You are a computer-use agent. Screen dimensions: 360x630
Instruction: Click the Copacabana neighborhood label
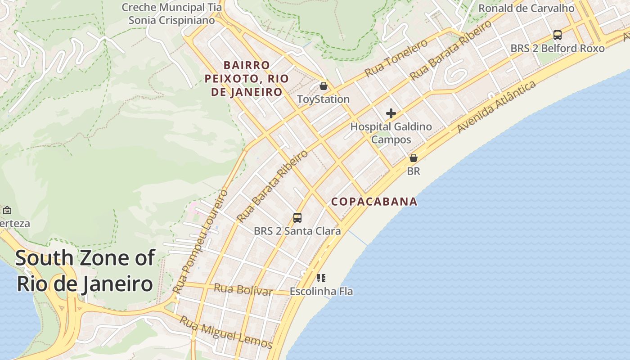tap(374, 202)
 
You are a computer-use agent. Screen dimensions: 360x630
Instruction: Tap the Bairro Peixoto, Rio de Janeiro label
tap(247, 79)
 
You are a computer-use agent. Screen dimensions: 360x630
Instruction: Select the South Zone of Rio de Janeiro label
tap(85, 271)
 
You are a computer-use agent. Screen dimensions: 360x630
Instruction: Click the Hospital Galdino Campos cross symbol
tap(391, 113)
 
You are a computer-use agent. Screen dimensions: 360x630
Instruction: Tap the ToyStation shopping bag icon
tap(324, 85)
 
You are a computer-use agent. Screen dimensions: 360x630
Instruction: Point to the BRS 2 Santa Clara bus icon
tap(297, 218)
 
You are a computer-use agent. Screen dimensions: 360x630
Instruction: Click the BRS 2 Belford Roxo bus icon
tap(558, 35)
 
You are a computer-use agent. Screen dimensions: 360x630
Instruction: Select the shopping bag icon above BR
tap(414, 158)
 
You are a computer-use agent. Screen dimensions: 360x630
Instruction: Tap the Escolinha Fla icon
tap(321, 278)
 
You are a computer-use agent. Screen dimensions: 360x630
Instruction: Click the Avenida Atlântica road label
tap(497, 107)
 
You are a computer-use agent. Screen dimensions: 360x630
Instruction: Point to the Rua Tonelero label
tap(396, 58)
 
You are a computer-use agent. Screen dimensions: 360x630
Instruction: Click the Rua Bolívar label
tap(243, 290)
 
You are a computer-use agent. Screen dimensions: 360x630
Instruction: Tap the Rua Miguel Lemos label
tap(226, 333)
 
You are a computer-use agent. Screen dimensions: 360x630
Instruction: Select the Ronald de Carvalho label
tap(526, 8)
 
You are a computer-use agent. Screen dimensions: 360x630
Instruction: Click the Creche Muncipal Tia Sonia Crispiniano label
tap(172, 13)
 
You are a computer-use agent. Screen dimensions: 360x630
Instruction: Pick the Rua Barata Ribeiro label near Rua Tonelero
tap(451, 50)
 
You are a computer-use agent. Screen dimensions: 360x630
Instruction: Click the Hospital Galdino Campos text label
tap(391, 133)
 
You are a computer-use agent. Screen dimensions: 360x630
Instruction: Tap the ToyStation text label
tap(324, 99)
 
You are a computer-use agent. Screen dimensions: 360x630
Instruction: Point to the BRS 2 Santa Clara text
tap(297, 231)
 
